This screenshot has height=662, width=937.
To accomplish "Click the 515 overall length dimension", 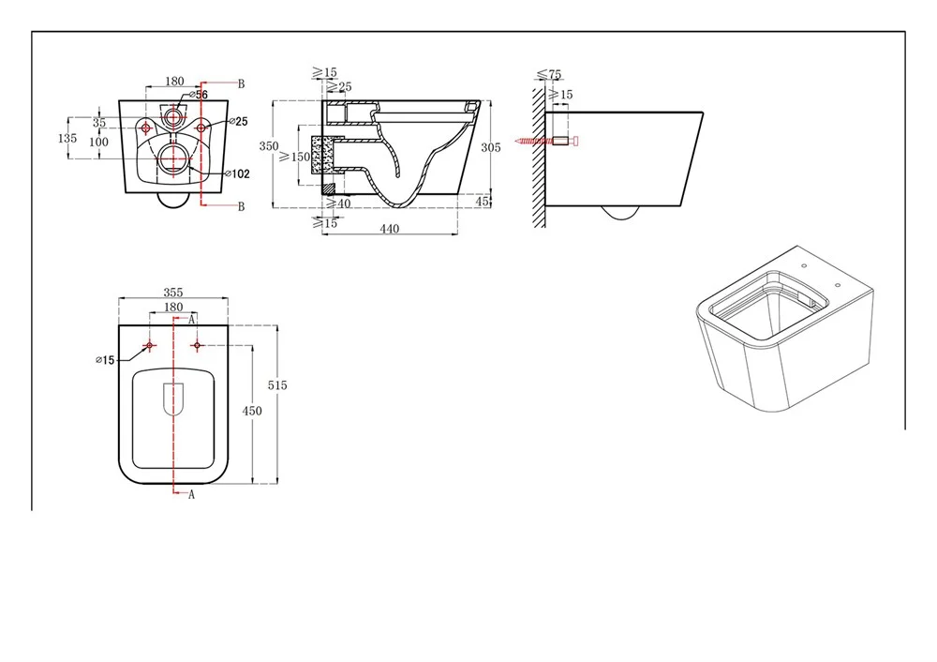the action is [x=277, y=385].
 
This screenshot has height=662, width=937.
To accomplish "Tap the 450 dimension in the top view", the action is [x=251, y=411].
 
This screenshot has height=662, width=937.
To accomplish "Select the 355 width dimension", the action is [x=172, y=293].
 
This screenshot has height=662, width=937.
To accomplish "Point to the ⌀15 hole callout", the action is [x=105, y=360].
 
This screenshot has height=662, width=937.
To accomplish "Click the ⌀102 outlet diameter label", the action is [x=237, y=174].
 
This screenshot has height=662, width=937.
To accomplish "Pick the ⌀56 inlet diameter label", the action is [x=199, y=95].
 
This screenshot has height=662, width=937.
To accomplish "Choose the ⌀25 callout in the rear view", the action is [x=238, y=121].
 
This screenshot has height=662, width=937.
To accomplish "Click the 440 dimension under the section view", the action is [x=389, y=229].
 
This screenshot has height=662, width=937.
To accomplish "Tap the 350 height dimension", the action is [x=268, y=146].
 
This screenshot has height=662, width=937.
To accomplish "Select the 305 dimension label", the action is [x=491, y=147].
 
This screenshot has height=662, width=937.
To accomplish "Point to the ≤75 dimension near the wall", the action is [x=549, y=75].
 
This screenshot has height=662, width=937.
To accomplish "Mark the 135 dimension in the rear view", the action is [x=67, y=138].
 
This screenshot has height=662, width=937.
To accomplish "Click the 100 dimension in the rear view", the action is [x=98, y=142].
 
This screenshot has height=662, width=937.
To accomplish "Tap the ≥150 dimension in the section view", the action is [x=294, y=157].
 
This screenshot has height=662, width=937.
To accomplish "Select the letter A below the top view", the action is [x=191, y=494].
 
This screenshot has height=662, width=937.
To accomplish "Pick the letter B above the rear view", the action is [x=241, y=83].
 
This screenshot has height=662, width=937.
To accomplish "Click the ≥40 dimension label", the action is [x=339, y=203].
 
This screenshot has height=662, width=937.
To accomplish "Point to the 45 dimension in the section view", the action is [x=483, y=202].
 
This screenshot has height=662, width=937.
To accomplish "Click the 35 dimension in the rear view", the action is [x=98, y=123].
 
